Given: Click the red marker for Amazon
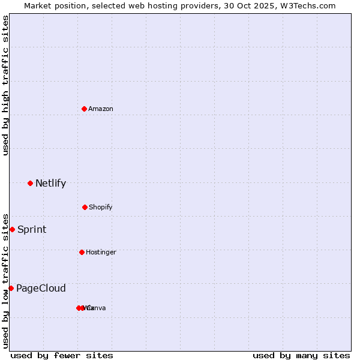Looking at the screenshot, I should pos(84,109).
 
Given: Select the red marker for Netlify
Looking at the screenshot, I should pos(30,183).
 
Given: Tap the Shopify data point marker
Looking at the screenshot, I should pos(85,207).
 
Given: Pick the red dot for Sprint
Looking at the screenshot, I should pos(12,229).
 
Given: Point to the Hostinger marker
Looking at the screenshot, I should pos(82,252).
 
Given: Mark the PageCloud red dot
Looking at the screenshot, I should pos(11,288).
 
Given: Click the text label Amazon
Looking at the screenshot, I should pos(101,109).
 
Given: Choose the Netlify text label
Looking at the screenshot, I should pos(50,183).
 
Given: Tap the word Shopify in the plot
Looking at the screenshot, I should pos(101,207).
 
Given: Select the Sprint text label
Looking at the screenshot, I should pos(32,229).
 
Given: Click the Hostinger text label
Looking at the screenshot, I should pos(101,252).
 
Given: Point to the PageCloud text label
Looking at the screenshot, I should pos(41,288).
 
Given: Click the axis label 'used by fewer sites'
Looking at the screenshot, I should pos(62,355).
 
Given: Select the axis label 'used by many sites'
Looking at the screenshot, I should pos(301,355).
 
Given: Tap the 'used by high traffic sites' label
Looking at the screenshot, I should pos(5,85).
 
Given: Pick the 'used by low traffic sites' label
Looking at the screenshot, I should pos(5,280).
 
